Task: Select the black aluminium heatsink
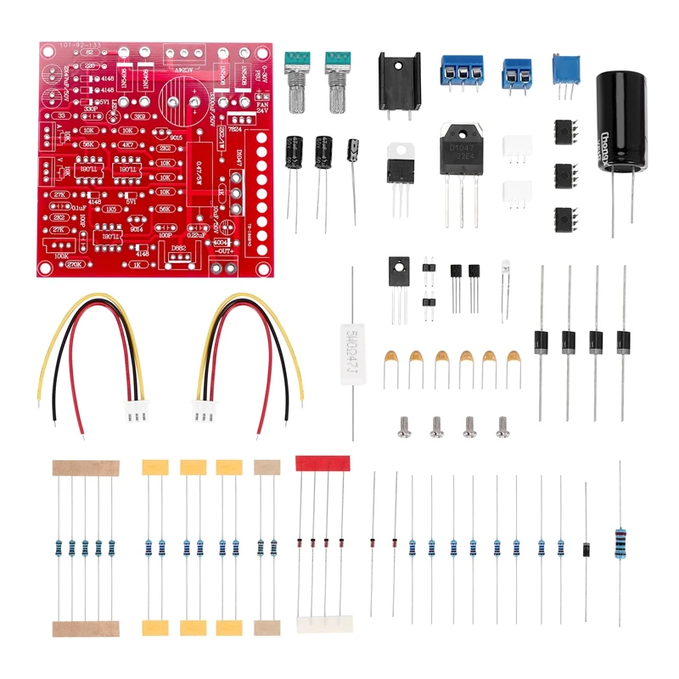coord(400,81)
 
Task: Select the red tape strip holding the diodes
coord(322,463)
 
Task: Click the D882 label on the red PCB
coord(179,249)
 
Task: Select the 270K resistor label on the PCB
coord(74,265)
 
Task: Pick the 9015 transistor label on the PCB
coord(177,137)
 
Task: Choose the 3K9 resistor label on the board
coord(141,115)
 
